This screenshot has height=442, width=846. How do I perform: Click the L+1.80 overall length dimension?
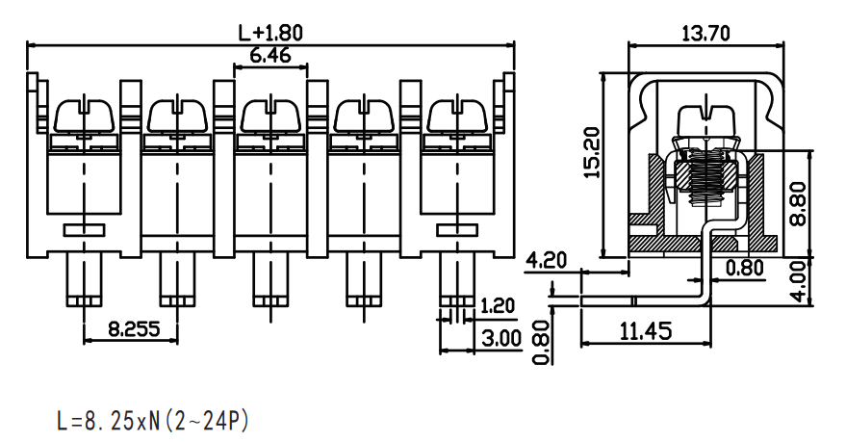tap(270, 34)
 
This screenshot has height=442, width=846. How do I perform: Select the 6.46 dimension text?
tap(270, 55)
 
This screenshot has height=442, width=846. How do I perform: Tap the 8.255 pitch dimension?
tap(135, 328)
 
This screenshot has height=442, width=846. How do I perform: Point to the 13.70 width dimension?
tap(705, 34)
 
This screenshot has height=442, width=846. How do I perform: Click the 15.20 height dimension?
tap(592, 152)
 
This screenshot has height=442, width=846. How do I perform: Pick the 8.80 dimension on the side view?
tap(798, 203)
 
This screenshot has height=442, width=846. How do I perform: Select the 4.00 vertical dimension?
tap(804, 281)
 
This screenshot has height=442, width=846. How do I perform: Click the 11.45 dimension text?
tap(645, 331)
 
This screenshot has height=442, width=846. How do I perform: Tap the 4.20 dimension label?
tap(546, 260)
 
